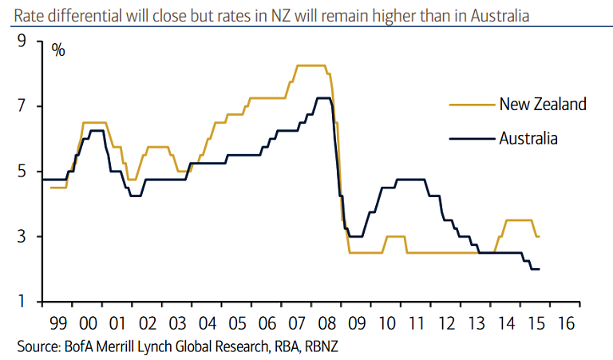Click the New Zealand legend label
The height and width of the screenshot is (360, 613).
[x=543, y=104]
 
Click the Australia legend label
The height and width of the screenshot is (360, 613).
[x=528, y=138]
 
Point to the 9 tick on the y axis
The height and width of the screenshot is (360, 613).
[x=22, y=41]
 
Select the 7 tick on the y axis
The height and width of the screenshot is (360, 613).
[x=22, y=106]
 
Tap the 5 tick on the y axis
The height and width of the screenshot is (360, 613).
[x=22, y=172]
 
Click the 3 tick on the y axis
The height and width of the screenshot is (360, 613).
[x=22, y=237]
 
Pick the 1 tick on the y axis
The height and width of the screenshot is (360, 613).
[x=22, y=302]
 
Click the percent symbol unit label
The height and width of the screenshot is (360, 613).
[x=58, y=49]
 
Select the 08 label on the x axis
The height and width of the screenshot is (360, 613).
[x=327, y=324]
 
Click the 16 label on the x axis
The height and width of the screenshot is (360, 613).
[x=566, y=324]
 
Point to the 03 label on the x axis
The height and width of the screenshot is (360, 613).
[x=178, y=324]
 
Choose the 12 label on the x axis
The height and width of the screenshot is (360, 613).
[x=447, y=324]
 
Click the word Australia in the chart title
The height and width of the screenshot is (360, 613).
[x=500, y=15]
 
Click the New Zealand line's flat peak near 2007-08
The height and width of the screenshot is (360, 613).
[x=310, y=65]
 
